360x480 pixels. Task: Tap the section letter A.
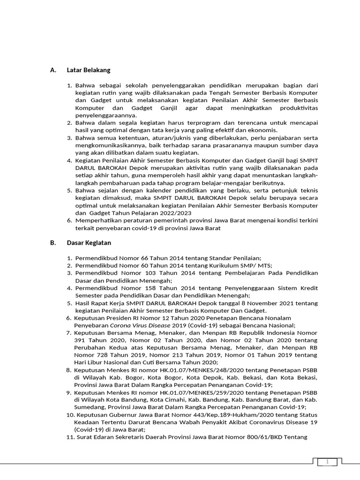[53, 70]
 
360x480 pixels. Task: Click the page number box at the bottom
[328, 462]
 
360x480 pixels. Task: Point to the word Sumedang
[90, 407]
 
